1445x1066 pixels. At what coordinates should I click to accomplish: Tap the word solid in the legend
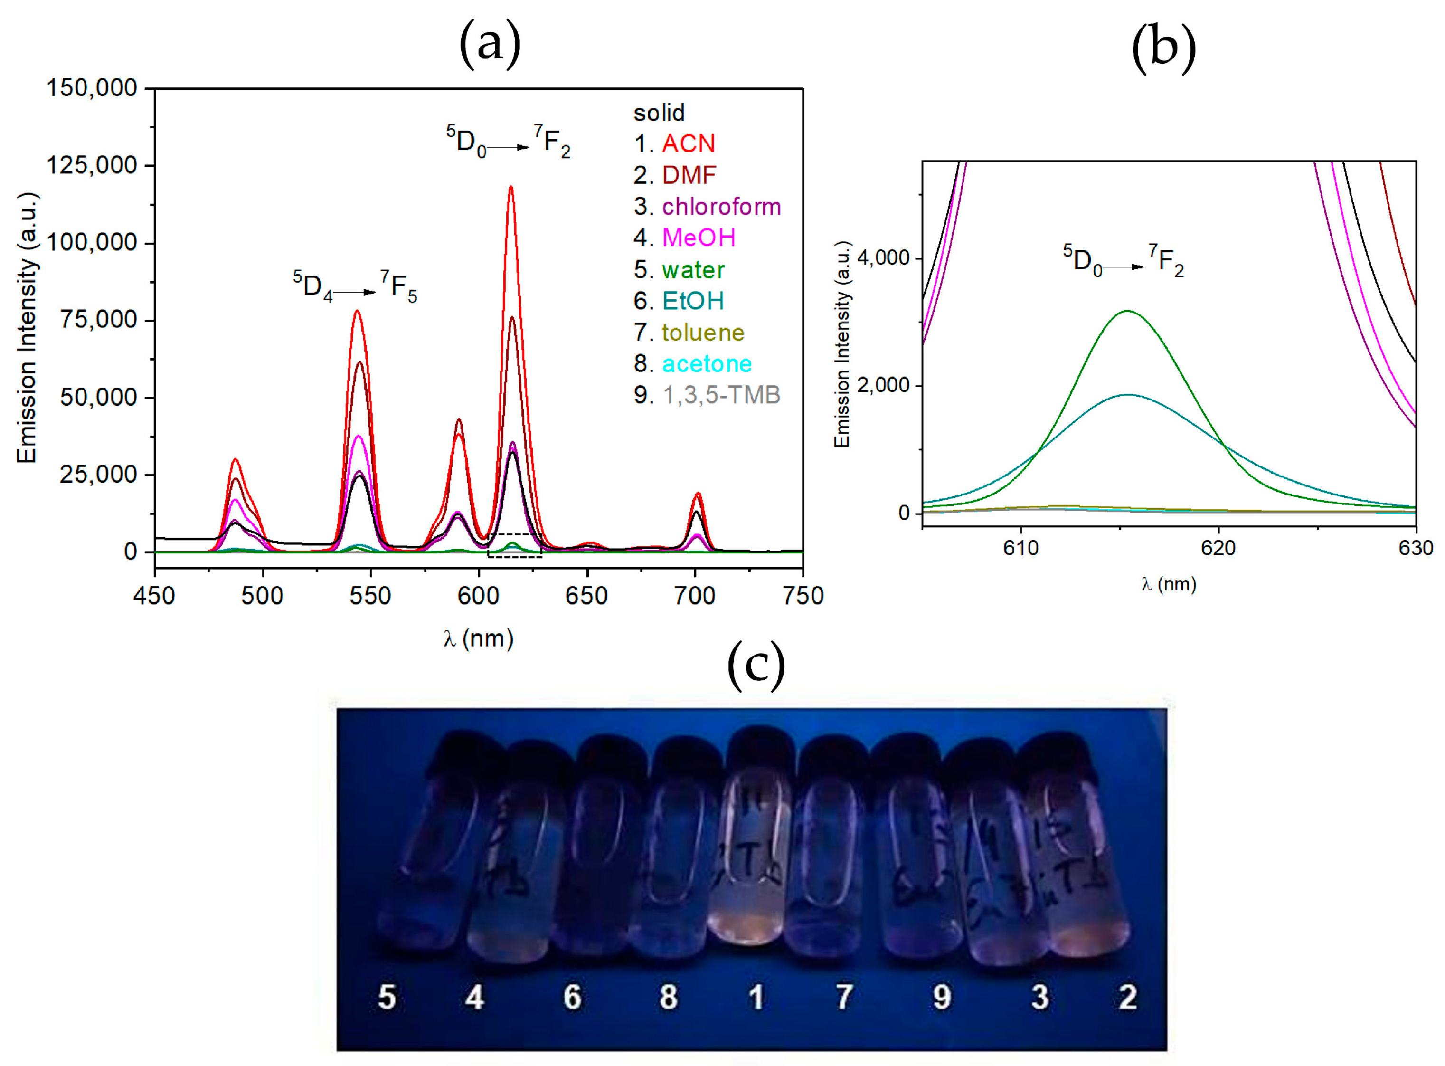pos(659,113)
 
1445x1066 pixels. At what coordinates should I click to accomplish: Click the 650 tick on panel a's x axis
pos(586,595)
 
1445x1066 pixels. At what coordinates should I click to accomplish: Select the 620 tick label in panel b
pos(1218,548)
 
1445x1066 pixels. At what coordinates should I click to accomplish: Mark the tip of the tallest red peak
pos(511,187)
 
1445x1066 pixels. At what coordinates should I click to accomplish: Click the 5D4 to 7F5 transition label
pos(355,286)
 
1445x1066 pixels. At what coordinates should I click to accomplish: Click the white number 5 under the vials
pos(387,997)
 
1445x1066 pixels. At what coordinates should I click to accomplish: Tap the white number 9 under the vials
pos(942,997)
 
